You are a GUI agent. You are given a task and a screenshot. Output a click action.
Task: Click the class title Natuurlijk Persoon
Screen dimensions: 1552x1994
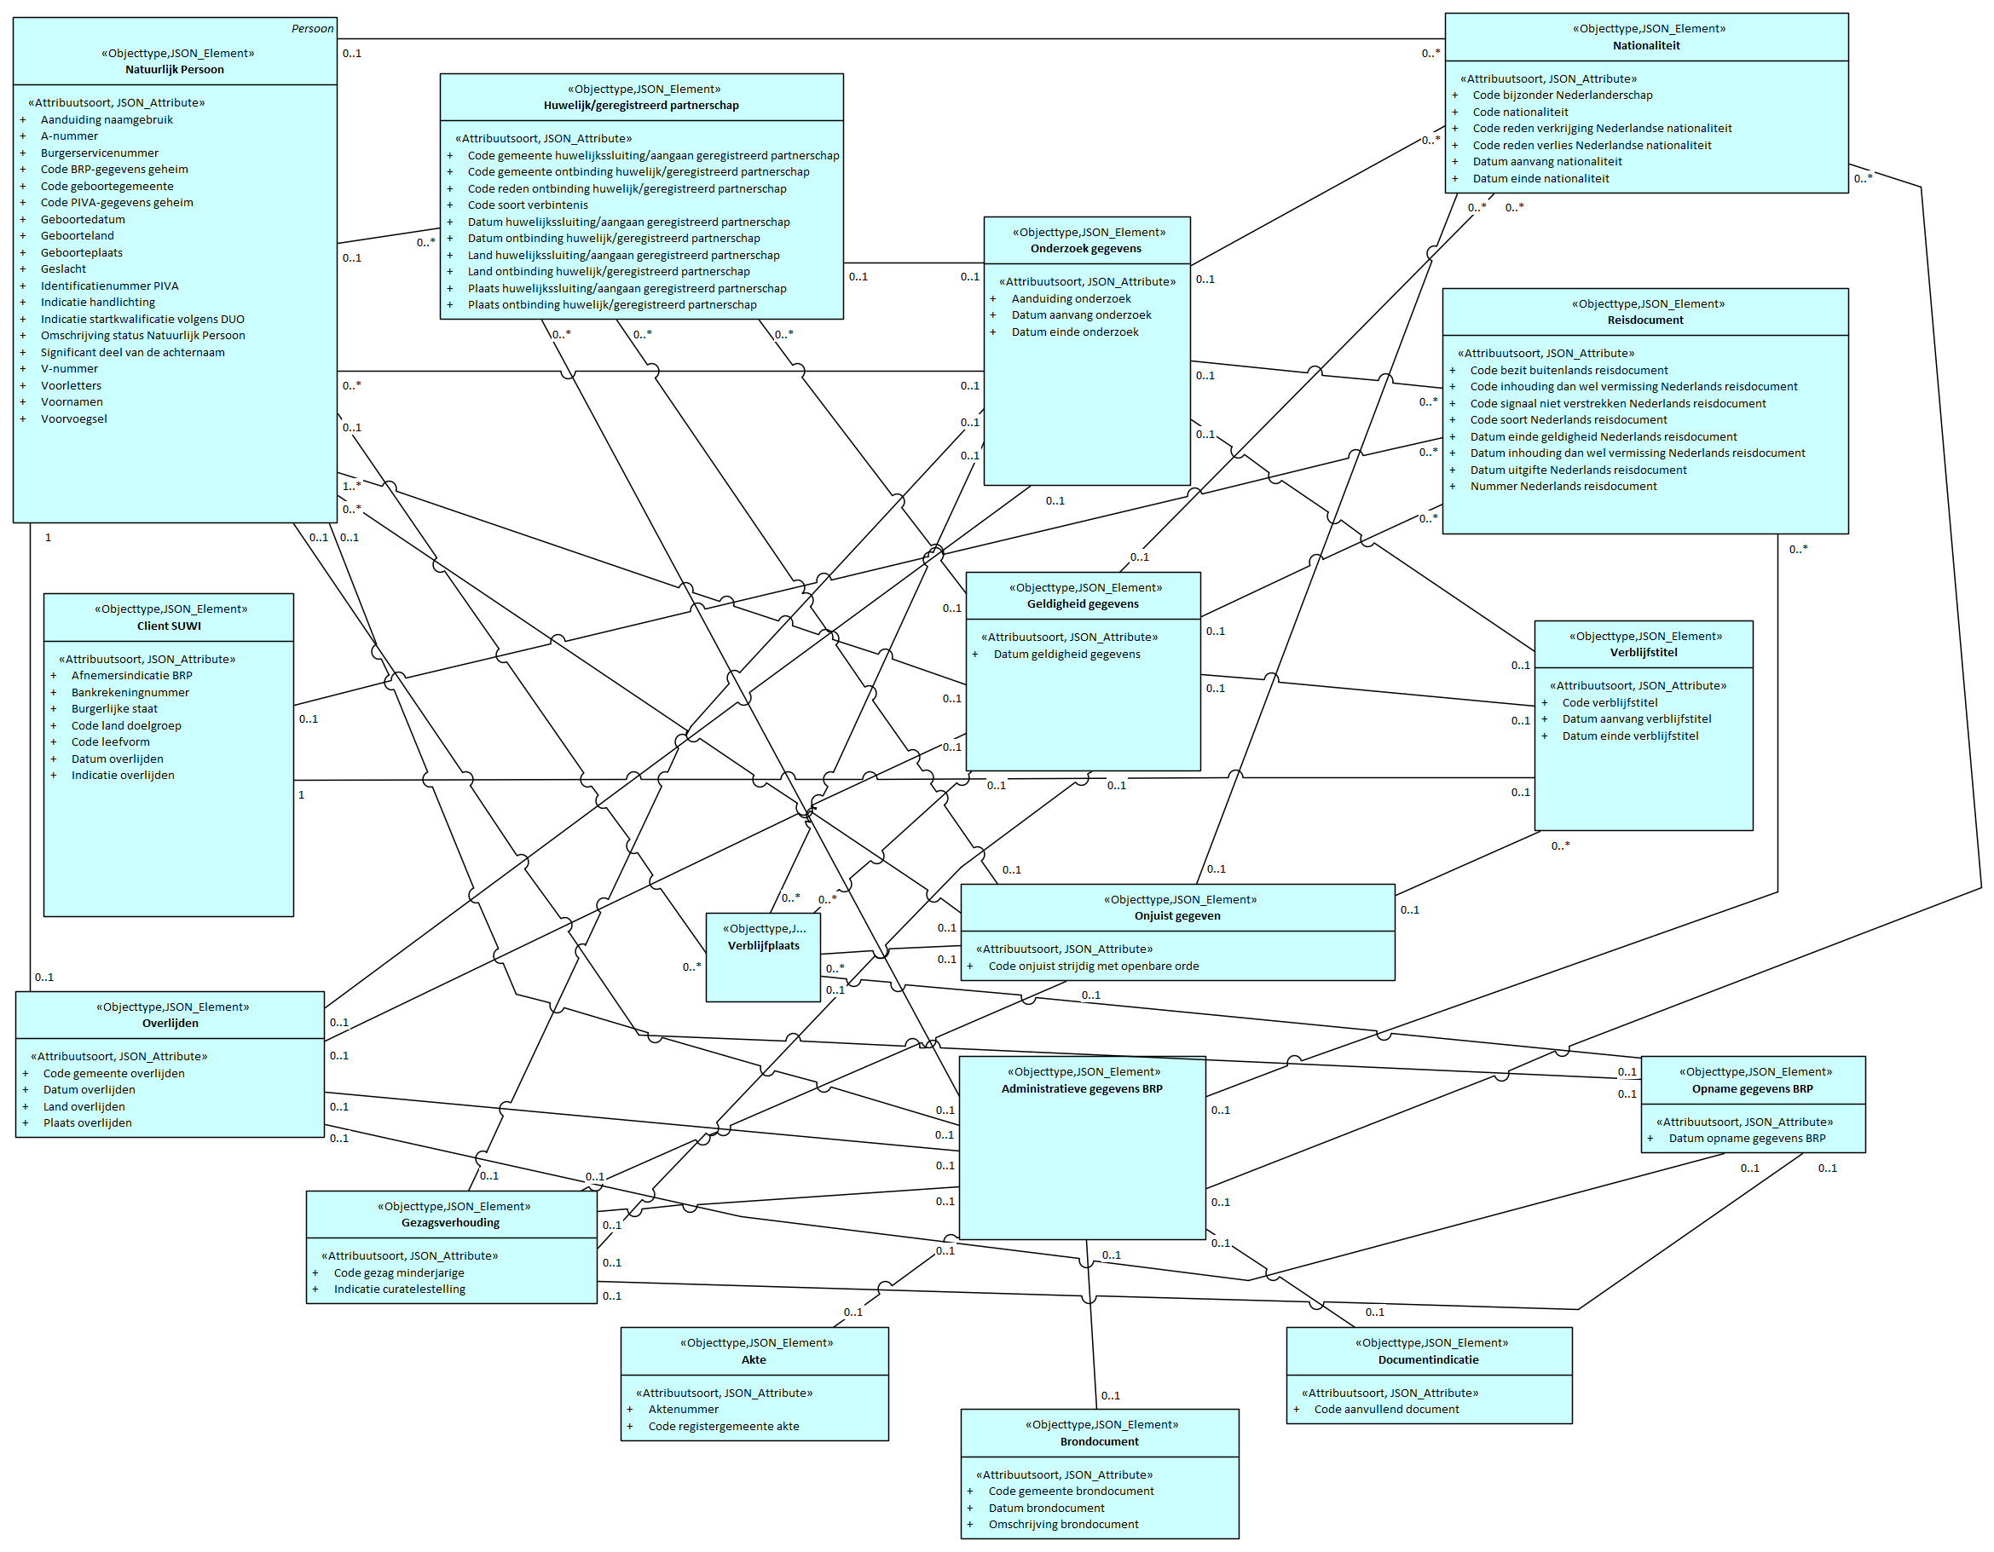[x=175, y=69]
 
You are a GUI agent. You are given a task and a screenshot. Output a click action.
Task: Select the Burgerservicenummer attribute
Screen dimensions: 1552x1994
[x=100, y=153]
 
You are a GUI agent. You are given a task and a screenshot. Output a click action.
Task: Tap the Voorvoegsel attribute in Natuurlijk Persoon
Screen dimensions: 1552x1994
[x=74, y=419]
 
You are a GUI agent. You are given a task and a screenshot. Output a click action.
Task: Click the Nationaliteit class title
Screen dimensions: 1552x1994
[x=1646, y=46]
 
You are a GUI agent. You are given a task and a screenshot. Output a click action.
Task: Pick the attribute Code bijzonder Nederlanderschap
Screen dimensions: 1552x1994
[x=1562, y=95]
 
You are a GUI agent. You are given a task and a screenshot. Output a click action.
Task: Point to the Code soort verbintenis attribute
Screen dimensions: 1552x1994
[x=528, y=205]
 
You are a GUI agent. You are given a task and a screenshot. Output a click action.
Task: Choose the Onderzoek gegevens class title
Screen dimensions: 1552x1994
[x=1085, y=248]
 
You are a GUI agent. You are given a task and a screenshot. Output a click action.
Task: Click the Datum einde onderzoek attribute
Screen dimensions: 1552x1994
[x=1075, y=332]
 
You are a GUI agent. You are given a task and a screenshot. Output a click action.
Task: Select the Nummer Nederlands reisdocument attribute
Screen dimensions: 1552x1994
[x=1563, y=487]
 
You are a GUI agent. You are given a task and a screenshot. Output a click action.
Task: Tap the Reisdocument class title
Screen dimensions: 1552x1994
[x=1645, y=320]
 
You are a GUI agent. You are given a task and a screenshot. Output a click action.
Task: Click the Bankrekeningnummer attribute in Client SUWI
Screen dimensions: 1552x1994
[x=130, y=693]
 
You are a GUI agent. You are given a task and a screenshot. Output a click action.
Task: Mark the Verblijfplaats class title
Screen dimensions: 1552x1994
[x=763, y=946]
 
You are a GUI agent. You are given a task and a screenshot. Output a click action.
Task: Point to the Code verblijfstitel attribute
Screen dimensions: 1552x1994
[x=1610, y=703]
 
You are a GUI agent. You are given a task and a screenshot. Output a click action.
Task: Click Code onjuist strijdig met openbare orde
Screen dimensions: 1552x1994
[x=1094, y=966]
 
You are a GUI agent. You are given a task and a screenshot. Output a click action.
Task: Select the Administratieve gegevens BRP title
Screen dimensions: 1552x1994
[x=1082, y=1089]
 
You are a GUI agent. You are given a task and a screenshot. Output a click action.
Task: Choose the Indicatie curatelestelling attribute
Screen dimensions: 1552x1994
[x=399, y=1290]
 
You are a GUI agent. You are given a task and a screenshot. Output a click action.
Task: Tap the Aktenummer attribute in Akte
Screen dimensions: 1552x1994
[x=683, y=1410]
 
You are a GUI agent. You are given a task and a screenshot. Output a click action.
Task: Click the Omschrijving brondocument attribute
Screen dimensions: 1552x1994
[x=1064, y=1525]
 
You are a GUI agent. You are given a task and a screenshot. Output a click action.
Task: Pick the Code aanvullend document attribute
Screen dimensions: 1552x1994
[x=1386, y=1410]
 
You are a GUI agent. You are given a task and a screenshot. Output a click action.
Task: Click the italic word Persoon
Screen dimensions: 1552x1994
[x=312, y=28]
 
